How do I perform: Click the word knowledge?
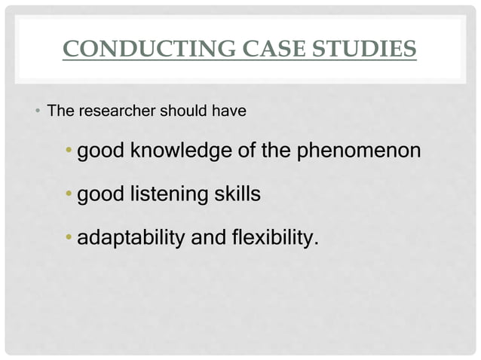[x=181, y=151]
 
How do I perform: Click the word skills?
[x=236, y=195]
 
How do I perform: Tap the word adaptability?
[x=132, y=239]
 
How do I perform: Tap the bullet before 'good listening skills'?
[x=69, y=196]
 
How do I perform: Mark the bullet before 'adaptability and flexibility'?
[x=69, y=239]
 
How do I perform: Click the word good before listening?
[x=102, y=195]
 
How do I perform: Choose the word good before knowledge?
[x=102, y=151]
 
